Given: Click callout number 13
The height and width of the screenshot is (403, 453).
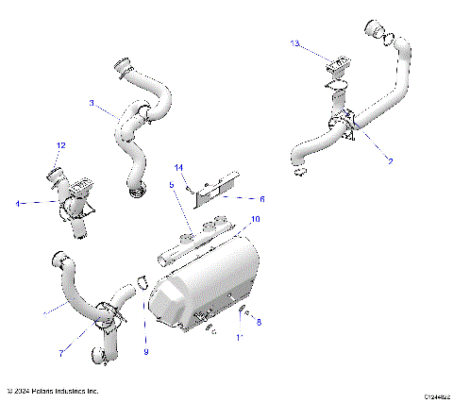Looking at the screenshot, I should pyautogui.click(x=294, y=43).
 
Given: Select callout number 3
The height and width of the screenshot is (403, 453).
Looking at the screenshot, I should pyautogui.click(x=92, y=105).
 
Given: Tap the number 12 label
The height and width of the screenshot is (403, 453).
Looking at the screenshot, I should pyautogui.click(x=60, y=145).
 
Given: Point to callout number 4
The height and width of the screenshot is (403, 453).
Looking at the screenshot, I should pyautogui.click(x=17, y=202).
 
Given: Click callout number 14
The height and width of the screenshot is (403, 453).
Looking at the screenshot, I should pyautogui.click(x=178, y=167).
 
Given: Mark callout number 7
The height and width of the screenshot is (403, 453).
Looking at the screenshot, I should pyautogui.click(x=61, y=353).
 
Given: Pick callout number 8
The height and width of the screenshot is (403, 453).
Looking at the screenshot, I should pyautogui.click(x=259, y=323).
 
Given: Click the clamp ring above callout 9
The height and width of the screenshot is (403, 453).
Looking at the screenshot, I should pyautogui.click(x=142, y=280).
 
